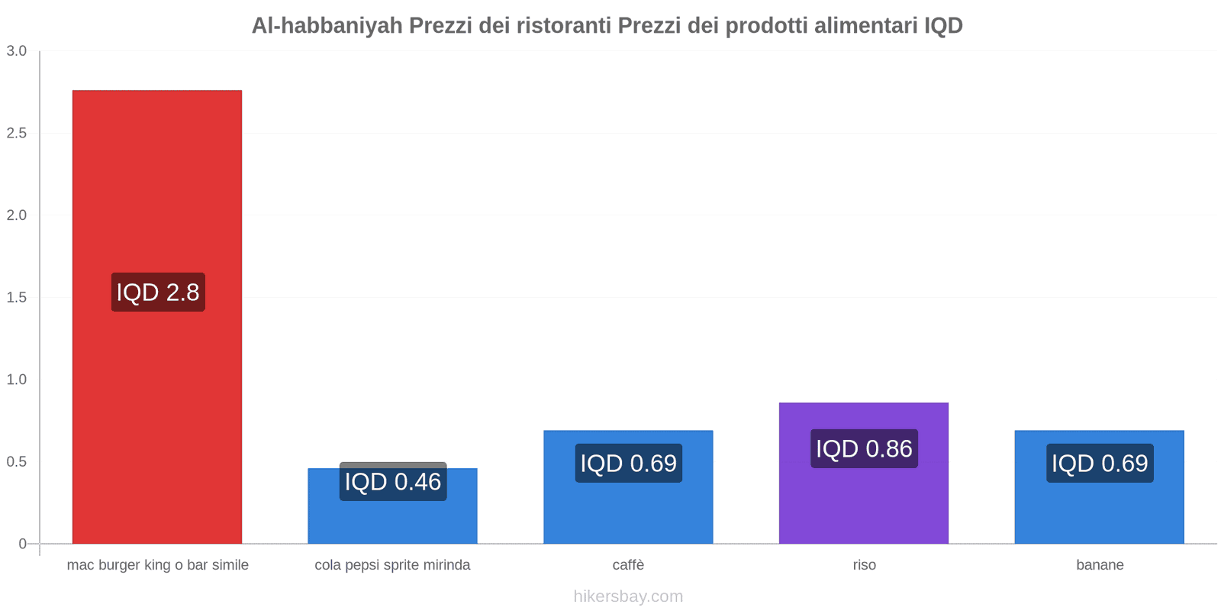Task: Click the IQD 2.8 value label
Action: click(158, 292)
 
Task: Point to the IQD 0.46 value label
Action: click(392, 482)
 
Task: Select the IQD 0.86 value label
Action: click(864, 449)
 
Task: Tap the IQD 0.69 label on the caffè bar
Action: click(628, 463)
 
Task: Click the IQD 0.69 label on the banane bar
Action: click(1100, 463)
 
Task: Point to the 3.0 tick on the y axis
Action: click(17, 51)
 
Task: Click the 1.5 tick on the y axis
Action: click(17, 298)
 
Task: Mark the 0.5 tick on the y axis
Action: click(17, 462)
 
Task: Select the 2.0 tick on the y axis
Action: click(17, 215)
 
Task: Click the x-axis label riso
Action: click(864, 565)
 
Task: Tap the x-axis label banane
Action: click(1100, 565)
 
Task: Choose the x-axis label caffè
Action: click(628, 565)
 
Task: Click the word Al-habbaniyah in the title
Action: click(327, 26)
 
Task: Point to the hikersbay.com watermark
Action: click(628, 596)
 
